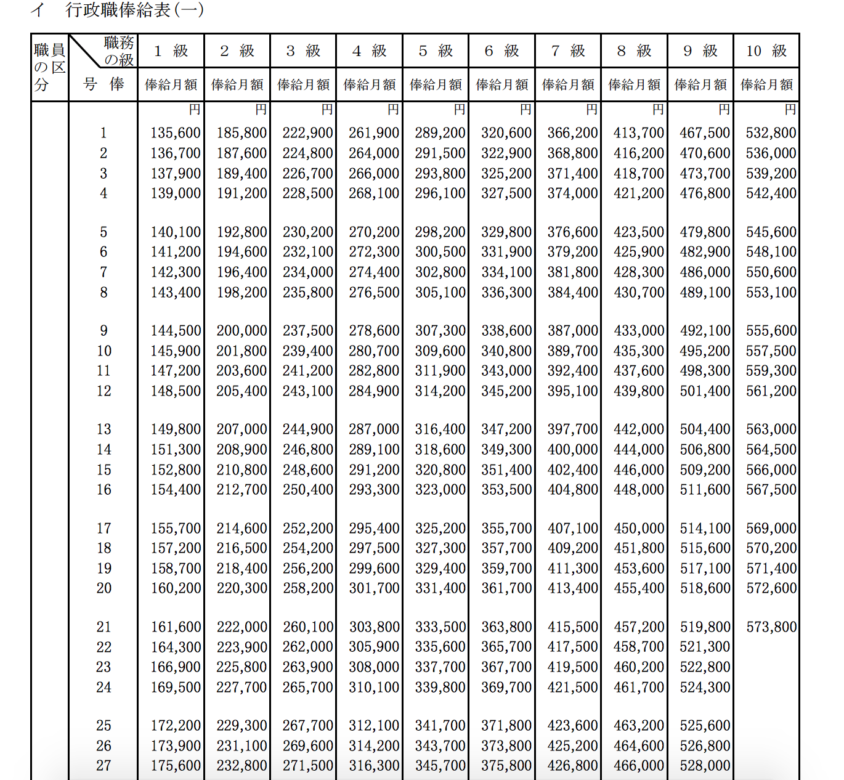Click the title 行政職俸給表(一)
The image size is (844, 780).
coord(134,10)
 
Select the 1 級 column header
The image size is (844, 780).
coord(171,51)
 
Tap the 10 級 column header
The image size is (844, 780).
coord(766,51)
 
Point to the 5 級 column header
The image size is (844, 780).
coord(435,51)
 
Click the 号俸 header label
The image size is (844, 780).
coord(103,84)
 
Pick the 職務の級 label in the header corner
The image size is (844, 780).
coord(119,51)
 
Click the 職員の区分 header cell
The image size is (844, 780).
coord(49,67)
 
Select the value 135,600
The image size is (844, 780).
coord(176,133)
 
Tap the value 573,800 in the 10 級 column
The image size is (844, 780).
coord(771,627)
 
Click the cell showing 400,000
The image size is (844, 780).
coord(572,450)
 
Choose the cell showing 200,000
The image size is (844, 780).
coord(241,331)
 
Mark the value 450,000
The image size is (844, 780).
coord(639,529)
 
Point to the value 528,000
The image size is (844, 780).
coord(705,766)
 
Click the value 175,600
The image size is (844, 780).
coord(176,766)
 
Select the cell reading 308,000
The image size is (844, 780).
coord(374,667)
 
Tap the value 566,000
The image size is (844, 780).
coord(771,470)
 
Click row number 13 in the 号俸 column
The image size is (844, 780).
coord(103,429)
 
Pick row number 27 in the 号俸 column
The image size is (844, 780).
coord(103,766)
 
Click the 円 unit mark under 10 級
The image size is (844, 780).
coord(790,110)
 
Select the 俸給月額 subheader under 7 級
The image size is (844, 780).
coord(568,84)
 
